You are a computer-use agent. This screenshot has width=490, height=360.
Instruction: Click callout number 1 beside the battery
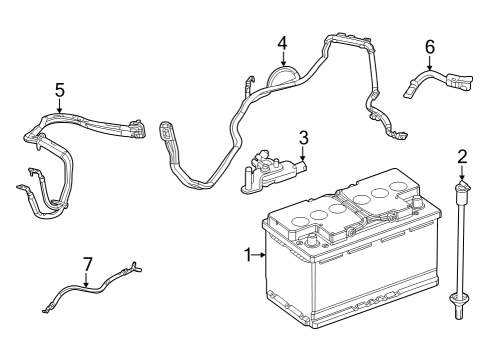coord(246,256)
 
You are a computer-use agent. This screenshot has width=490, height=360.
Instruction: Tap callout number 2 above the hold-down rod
coord(462,156)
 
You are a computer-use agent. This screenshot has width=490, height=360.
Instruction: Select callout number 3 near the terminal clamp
coord(303,137)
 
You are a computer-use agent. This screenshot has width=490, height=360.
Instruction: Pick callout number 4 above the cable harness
coord(282,43)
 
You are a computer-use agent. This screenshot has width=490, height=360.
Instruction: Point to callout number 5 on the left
coord(60,90)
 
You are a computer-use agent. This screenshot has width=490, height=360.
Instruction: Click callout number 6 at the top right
coord(430,46)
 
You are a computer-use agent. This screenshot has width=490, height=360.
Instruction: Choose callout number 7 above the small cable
coord(87,264)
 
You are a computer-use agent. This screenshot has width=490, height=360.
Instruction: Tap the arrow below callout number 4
coord(282,61)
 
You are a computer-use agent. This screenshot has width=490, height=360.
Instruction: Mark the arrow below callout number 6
coord(430,63)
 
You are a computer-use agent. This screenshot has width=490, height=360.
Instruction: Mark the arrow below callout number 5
coord(60,107)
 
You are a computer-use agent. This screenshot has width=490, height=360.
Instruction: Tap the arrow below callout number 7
coord(87,280)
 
